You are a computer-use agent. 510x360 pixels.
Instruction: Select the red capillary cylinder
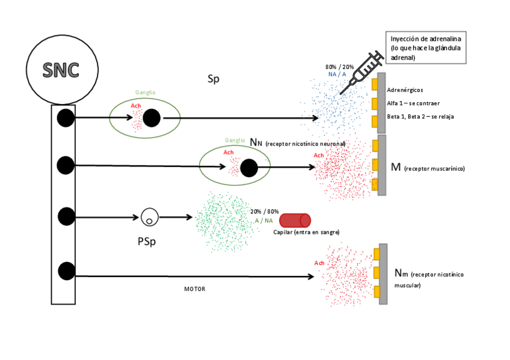[295, 221]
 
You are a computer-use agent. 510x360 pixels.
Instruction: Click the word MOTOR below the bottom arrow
[194, 289]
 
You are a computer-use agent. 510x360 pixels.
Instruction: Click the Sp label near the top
[214, 79]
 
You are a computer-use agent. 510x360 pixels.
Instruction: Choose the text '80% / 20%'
[339, 66]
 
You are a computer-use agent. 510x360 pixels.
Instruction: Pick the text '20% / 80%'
[265, 212]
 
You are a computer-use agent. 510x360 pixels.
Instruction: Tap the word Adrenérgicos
[405, 90]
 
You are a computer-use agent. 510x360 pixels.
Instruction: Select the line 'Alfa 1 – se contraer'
[413, 103]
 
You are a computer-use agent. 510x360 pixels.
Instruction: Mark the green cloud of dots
[223, 221]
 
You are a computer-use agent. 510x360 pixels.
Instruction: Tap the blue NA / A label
[337, 74]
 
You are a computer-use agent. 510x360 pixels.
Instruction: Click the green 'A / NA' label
[263, 221]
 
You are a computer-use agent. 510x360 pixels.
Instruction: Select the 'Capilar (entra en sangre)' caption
[307, 232]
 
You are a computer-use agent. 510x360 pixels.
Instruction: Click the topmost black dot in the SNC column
[66, 118]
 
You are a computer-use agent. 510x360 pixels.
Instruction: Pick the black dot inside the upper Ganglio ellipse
[152, 118]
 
